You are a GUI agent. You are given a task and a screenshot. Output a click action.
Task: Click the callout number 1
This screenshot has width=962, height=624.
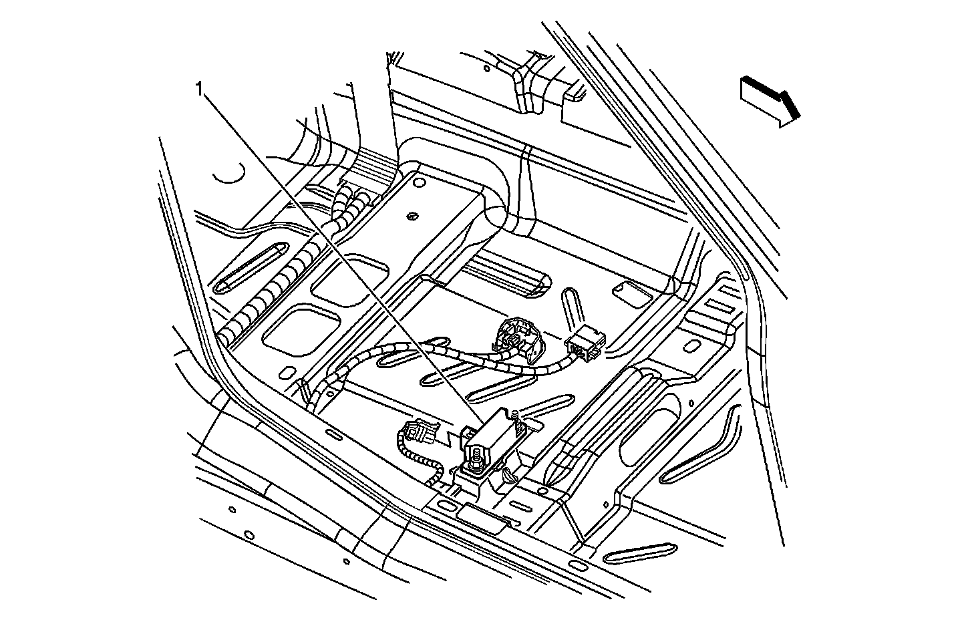(x=199, y=88)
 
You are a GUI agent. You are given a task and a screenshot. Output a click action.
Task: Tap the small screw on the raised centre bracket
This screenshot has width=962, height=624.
(x=412, y=216)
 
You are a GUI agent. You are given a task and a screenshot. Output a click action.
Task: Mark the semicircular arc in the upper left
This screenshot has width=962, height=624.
(x=230, y=175)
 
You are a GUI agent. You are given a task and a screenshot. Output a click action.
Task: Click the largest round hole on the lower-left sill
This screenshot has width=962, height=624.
(x=249, y=535)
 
